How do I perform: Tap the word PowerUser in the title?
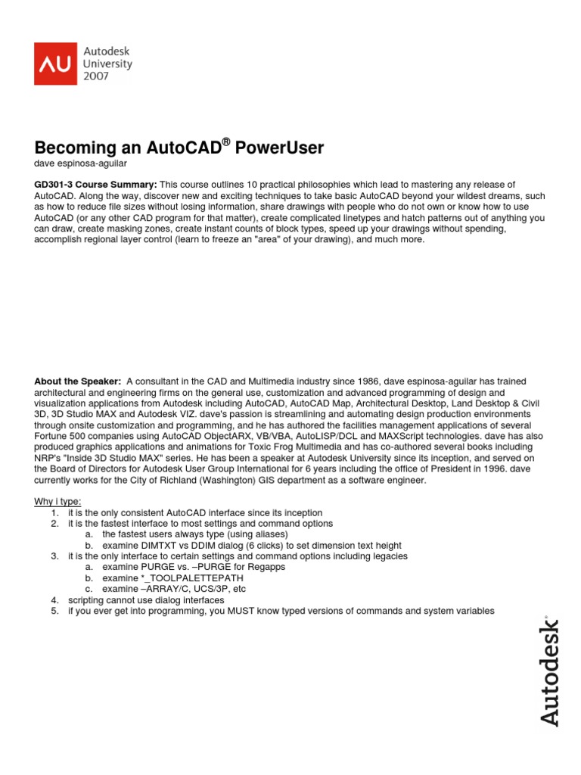click(x=279, y=148)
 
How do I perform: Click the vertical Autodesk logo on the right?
click(x=550, y=673)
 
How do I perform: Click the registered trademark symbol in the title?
click(x=226, y=142)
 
